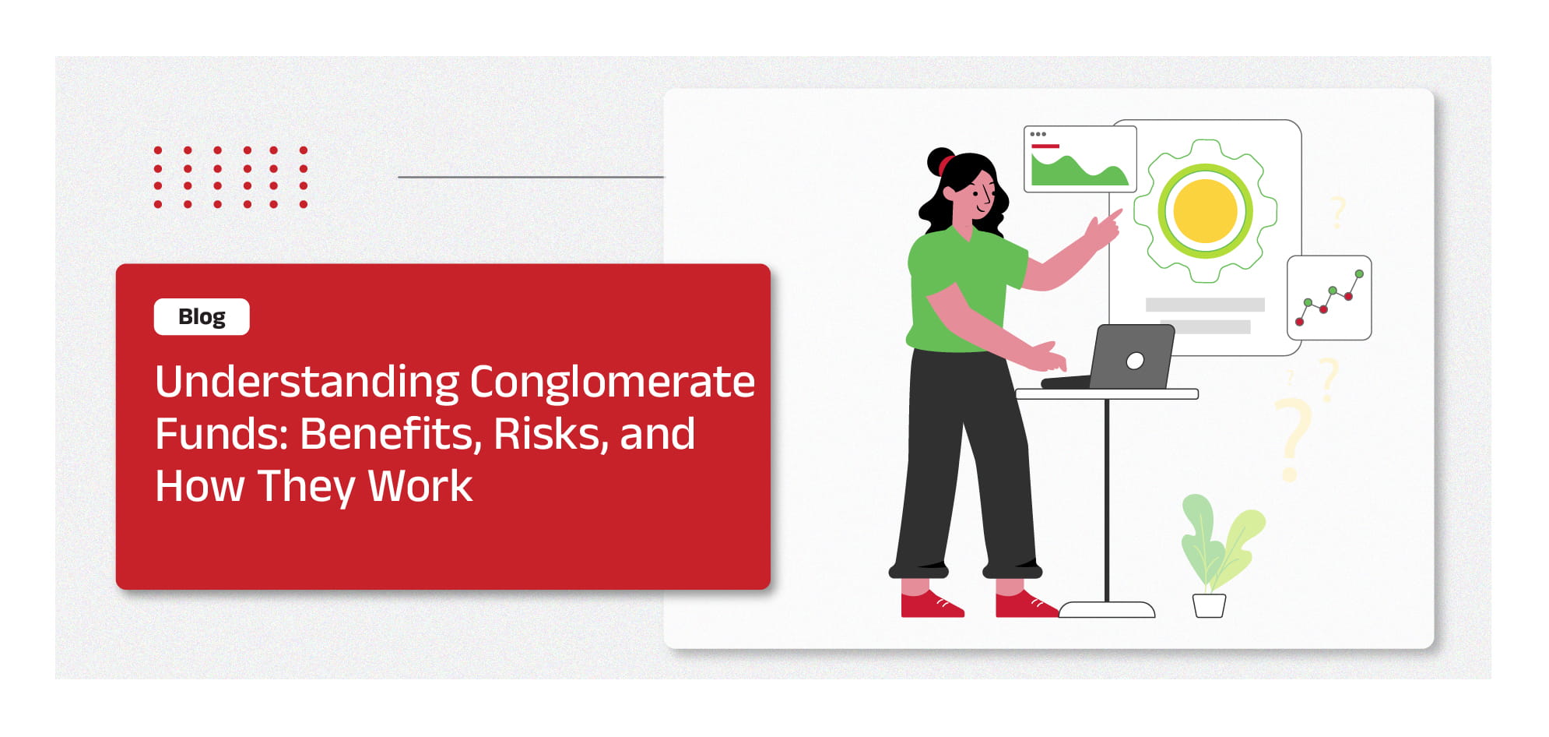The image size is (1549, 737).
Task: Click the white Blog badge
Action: point(202,316)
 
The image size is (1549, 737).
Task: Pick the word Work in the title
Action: point(420,486)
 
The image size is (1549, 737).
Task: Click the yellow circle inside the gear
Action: point(1205,211)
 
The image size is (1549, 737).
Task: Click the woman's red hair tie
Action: point(945,164)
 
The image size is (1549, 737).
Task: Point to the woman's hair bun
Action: point(940,161)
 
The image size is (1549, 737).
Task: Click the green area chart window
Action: point(1080,159)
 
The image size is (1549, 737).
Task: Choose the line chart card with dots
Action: point(1329,298)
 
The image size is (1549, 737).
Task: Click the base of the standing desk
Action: point(1107,609)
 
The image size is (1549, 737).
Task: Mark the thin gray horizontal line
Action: point(531,177)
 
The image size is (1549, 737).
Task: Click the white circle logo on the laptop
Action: point(1136,360)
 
